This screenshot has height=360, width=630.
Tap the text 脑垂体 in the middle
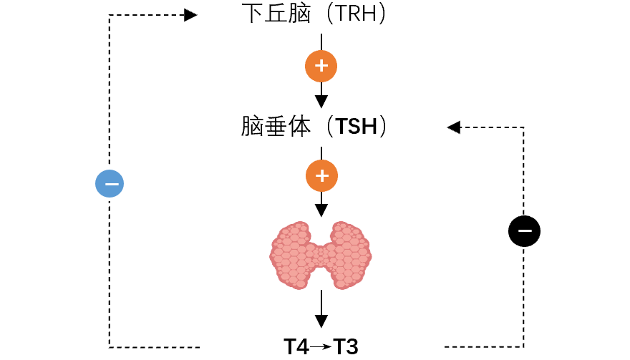click(276, 127)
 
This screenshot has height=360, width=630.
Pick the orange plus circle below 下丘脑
click(321, 67)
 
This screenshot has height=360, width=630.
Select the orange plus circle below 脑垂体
click(321, 175)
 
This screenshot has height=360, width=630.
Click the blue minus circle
click(110, 184)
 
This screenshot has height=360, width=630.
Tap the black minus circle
click(524, 231)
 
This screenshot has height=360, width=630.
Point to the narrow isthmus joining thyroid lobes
click(321, 256)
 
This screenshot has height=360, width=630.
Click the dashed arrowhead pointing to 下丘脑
click(190, 15)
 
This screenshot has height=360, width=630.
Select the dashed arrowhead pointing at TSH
click(453, 127)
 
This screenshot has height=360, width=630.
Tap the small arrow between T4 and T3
click(321, 347)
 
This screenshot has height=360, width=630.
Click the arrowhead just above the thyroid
click(321, 210)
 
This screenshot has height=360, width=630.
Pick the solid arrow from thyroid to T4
click(321, 308)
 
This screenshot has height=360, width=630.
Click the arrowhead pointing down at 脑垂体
click(321, 101)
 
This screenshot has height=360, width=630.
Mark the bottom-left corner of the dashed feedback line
click(110, 347)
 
